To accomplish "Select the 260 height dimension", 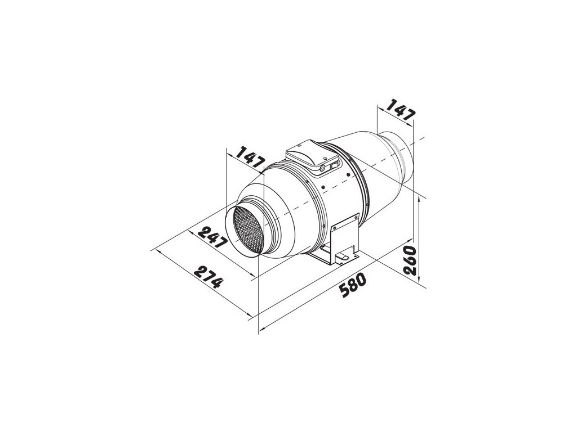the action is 410,260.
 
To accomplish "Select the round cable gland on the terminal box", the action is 322,168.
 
